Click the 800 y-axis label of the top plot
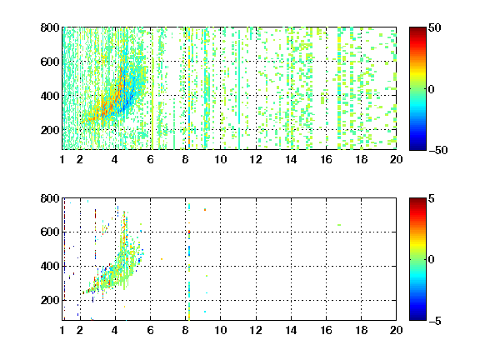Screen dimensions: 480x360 50,27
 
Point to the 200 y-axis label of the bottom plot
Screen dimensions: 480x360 50,300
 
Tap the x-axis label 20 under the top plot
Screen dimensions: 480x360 396,159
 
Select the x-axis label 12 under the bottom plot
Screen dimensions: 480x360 256,330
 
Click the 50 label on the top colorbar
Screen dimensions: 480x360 434,27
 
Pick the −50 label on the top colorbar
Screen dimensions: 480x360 437,150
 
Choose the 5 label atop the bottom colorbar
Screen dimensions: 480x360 432,198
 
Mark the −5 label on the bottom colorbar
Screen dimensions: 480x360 435,321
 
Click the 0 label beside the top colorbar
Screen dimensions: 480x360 432,89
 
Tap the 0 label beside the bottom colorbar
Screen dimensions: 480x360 432,260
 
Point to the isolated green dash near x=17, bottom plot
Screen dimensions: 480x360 339,225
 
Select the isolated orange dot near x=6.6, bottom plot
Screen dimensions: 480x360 162,259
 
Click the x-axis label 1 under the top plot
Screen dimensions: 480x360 62,159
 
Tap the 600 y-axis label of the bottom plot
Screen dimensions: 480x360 50,232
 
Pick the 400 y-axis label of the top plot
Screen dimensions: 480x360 50,96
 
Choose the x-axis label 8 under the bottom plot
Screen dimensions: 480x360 186,330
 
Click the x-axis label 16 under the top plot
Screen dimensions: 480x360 326,159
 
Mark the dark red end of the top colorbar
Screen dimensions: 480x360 417,30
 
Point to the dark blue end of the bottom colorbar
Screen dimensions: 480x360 417,317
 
